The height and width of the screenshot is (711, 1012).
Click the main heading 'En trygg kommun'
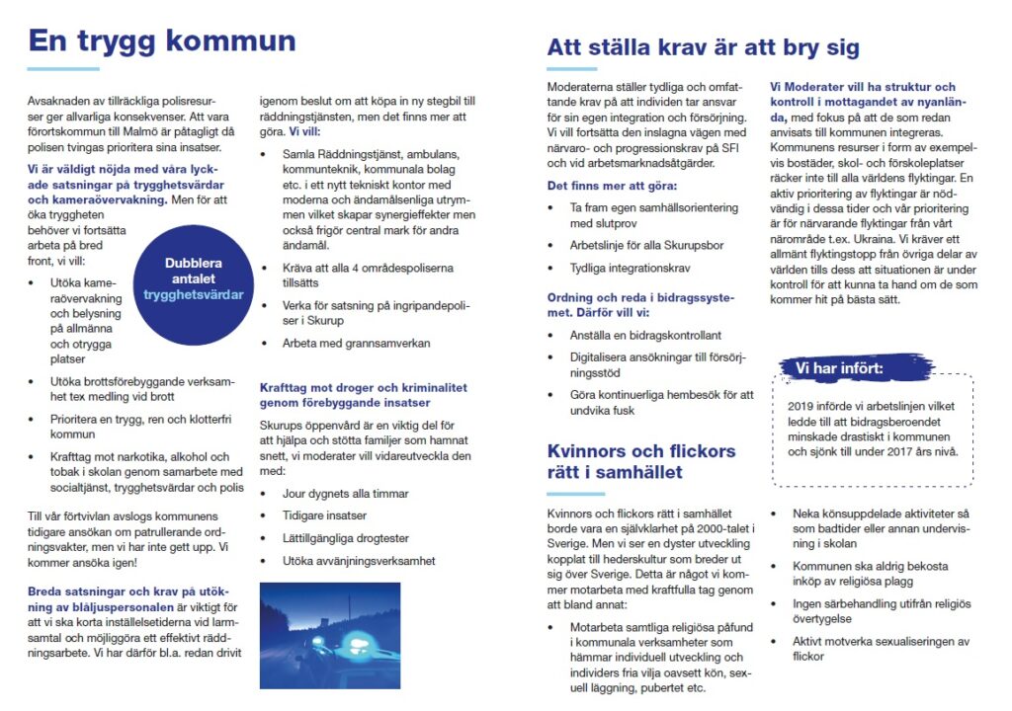click(161, 41)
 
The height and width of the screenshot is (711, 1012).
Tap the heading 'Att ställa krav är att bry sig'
click(703, 47)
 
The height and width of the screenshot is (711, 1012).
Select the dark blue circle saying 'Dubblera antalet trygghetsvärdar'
click(193, 279)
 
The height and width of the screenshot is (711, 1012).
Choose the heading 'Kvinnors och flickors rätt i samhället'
click(641, 461)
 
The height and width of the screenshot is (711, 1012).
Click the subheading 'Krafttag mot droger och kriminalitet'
click(363, 395)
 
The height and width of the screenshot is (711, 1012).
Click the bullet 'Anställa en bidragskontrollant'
click(645, 335)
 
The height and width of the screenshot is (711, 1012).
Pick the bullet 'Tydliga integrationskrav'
click(630, 268)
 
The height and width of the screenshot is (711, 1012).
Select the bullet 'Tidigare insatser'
click(324, 515)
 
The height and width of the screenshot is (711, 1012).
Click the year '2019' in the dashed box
click(802, 406)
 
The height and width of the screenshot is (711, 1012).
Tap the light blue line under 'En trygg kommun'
click(62, 69)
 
